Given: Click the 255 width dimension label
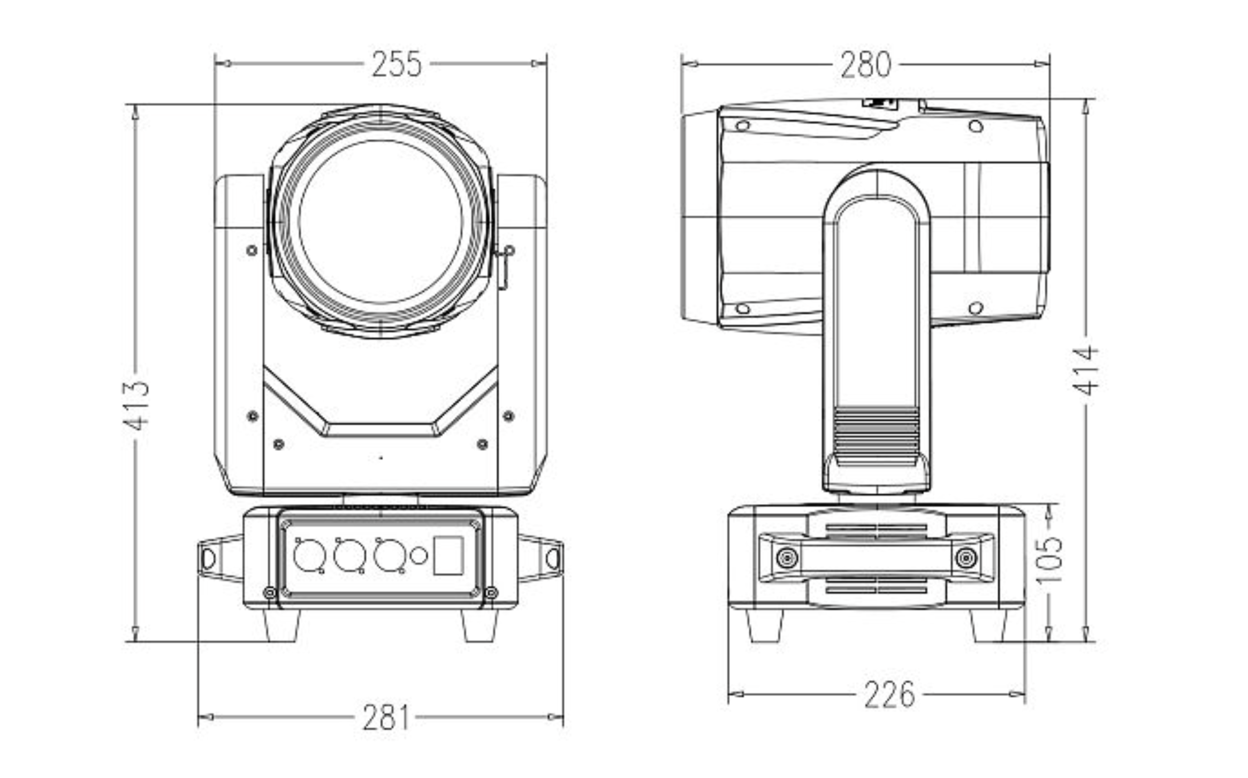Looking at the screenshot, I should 397,64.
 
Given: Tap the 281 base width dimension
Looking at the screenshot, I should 385,718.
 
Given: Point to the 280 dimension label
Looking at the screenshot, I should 865,65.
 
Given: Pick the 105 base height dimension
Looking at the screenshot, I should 1049,560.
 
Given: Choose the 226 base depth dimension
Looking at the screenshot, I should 889,695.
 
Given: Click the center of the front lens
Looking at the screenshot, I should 381,222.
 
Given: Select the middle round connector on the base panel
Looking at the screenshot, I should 349,555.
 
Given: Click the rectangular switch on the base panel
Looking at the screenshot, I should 448,556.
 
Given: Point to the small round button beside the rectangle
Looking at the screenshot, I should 418,556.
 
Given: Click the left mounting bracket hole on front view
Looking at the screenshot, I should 208,559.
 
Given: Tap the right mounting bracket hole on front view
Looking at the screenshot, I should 553,559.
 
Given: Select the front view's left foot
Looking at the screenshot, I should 281,625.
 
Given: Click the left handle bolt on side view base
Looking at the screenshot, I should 787,559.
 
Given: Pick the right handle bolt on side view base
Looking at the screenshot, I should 966,559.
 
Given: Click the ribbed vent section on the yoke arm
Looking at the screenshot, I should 877,434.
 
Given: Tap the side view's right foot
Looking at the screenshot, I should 987,625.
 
